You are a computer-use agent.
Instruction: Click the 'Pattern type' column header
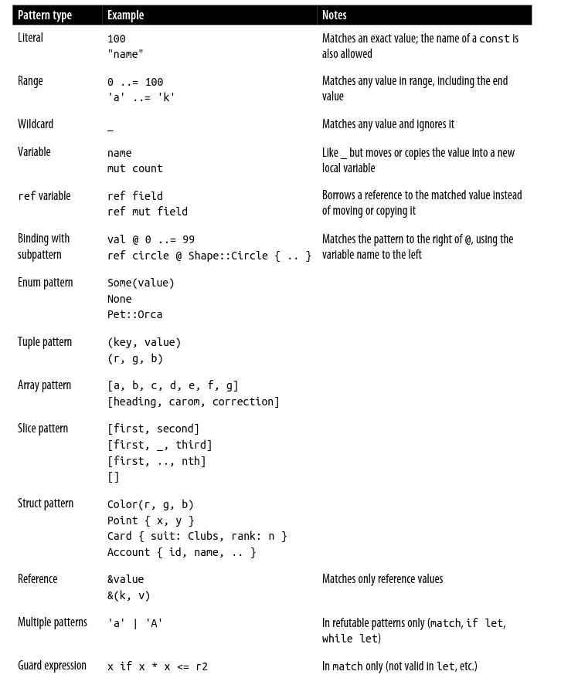[45, 15]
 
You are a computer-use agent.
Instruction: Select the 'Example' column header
[125, 15]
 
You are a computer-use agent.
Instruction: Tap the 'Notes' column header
[334, 15]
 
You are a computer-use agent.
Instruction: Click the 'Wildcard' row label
[36, 124]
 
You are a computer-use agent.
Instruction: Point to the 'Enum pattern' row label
[45, 283]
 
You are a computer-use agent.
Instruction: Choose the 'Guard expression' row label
[52, 666]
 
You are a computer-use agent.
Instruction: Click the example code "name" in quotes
[125, 54]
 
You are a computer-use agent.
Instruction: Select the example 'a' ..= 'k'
[141, 97]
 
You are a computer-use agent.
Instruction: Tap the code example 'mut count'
[135, 168]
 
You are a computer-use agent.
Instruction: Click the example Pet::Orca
[134, 314]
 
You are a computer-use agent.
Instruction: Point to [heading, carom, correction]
[193, 402]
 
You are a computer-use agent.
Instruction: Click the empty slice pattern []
[114, 477]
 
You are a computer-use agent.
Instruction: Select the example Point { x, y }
[151, 520]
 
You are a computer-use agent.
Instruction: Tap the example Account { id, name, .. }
[182, 552]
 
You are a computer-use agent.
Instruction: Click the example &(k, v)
[129, 595]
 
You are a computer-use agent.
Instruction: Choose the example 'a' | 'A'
[135, 623]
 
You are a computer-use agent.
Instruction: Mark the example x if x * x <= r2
[158, 666]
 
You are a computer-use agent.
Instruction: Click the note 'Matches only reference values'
[382, 579]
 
